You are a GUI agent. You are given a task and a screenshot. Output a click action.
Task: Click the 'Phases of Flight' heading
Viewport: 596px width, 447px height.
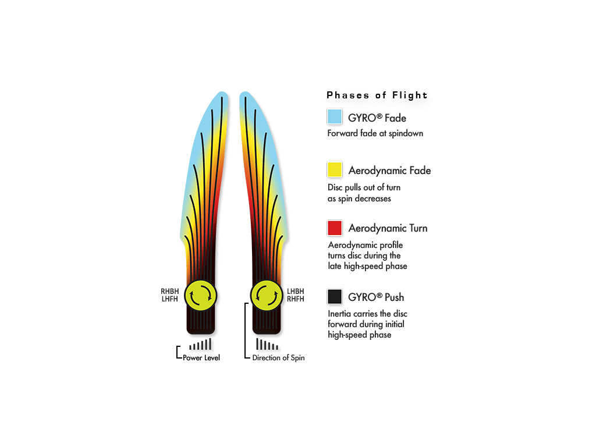[377, 95]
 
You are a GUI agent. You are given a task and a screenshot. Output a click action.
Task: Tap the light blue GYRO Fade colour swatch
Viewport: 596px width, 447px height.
[335, 116]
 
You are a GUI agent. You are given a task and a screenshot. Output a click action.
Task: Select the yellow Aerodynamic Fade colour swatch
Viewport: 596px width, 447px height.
[335, 169]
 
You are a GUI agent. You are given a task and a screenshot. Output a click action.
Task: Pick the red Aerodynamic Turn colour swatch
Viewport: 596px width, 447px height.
[335, 228]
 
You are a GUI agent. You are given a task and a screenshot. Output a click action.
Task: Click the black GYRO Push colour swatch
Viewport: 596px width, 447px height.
[335, 296]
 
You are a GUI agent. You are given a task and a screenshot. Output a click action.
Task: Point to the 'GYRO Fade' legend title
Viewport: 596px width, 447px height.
[377, 118]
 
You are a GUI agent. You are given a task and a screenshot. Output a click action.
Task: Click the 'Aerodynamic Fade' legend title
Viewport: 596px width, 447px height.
[389, 171]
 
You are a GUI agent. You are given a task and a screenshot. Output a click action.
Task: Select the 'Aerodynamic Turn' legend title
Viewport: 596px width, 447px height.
[388, 228]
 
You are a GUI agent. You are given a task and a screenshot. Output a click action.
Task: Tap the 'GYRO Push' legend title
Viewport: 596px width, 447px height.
[376, 297]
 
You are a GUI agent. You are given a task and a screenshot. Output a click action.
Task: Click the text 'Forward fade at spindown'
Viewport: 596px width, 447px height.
[375, 133]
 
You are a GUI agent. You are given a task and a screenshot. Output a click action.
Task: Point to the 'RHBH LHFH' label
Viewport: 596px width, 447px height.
[169, 295]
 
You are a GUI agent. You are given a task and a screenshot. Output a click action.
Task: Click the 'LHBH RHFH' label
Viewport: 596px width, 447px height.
[295, 295]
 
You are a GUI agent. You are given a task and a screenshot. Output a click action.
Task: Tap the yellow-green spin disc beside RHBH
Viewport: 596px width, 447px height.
[200, 295]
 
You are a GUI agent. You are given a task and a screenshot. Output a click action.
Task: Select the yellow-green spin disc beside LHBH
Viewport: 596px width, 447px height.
[267, 295]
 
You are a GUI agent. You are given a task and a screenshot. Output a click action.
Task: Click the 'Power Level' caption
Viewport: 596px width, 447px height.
[201, 358]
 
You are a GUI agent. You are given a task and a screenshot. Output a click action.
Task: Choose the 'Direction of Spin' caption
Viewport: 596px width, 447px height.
[278, 358]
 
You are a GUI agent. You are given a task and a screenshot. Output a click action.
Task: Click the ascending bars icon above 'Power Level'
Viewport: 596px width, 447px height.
[200, 345]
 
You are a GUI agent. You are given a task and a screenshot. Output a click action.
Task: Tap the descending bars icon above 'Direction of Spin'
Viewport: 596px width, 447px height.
[267, 345]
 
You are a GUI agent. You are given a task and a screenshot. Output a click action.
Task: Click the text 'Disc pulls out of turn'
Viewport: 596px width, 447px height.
[364, 187]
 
